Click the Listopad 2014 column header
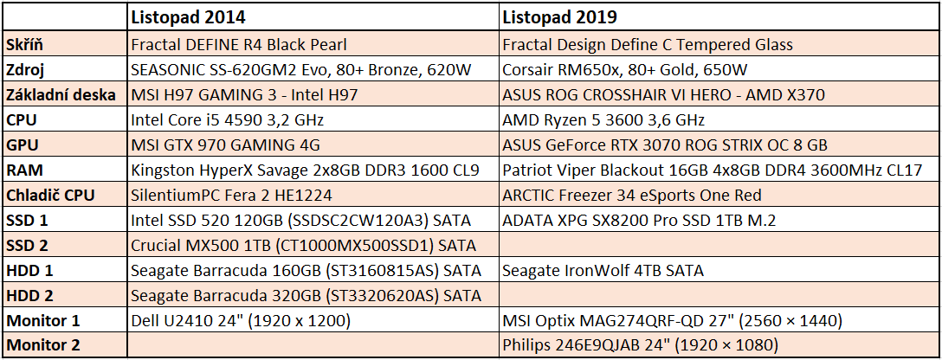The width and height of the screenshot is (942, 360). (x=188, y=17)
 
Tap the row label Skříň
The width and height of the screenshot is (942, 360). (x=25, y=44)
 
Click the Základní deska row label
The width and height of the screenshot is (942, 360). (x=57, y=94)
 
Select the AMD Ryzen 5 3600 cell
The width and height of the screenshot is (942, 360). (x=603, y=119)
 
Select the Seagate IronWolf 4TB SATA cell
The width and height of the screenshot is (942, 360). (x=603, y=270)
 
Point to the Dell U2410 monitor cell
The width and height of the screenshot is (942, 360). (x=240, y=321)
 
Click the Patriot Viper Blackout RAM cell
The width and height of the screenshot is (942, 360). (x=713, y=170)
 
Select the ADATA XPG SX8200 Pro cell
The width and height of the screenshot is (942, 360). (x=639, y=220)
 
